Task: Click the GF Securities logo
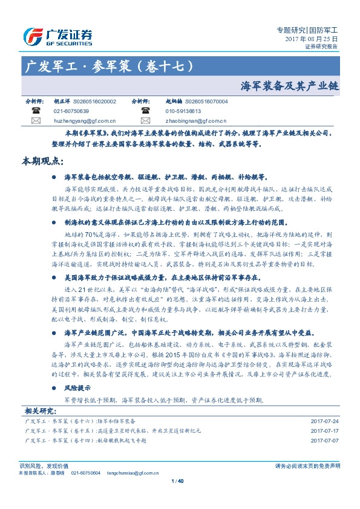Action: pos(57,36)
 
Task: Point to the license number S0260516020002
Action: pos(94,103)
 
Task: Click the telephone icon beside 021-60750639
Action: pos(36,112)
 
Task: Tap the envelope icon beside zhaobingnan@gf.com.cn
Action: pos(145,121)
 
